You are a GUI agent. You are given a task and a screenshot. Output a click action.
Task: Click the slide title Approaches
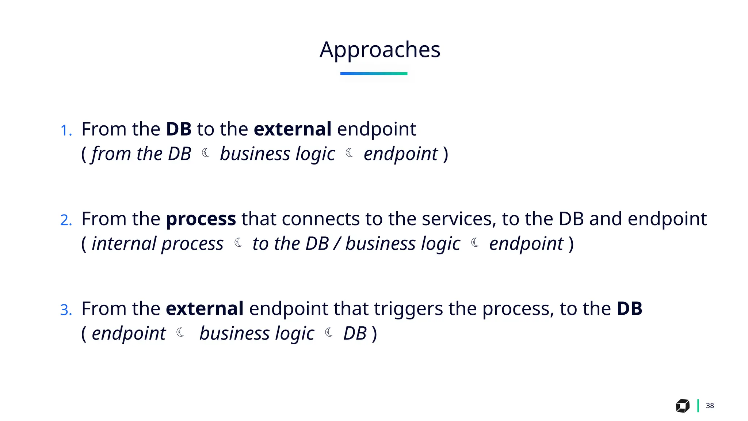point(380,50)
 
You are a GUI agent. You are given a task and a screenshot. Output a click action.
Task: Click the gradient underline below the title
point(374,73)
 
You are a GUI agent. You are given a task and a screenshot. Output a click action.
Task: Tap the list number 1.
point(66,130)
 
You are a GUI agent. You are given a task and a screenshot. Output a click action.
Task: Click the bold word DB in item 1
point(179,129)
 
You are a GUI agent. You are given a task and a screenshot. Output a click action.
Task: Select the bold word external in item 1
point(293,129)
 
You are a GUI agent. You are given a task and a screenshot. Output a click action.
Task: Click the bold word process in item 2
point(201,219)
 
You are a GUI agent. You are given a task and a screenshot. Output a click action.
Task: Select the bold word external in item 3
point(205,308)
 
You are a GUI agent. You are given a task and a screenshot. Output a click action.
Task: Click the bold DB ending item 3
point(629,308)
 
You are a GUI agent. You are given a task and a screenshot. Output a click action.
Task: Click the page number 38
point(710,406)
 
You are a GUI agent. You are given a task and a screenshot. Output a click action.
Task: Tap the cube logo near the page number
point(682,406)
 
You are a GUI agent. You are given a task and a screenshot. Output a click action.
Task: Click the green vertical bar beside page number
point(698,406)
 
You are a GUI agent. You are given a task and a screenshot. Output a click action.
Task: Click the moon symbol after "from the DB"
point(206,153)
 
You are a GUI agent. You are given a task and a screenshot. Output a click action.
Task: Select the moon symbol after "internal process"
point(238,242)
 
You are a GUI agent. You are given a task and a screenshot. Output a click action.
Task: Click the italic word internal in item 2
point(124,243)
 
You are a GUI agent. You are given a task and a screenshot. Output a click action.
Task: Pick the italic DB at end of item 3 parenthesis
point(355,333)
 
